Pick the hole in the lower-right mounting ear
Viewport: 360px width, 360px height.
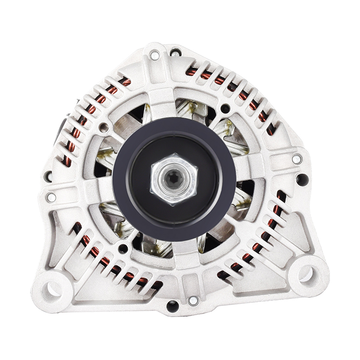coord(305,274)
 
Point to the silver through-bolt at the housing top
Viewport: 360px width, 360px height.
coord(154,55)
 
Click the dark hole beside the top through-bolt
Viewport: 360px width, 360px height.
coord(175,52)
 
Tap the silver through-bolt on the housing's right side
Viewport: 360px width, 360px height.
coord(296,159)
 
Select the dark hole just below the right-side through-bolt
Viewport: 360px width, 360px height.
coord(301,179)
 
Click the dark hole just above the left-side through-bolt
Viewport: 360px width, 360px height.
coord(49,176)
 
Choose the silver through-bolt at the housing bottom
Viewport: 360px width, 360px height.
coord(193,301)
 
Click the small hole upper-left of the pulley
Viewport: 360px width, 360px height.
coord(103,127)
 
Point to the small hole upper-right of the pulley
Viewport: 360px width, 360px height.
coord(225,109)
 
